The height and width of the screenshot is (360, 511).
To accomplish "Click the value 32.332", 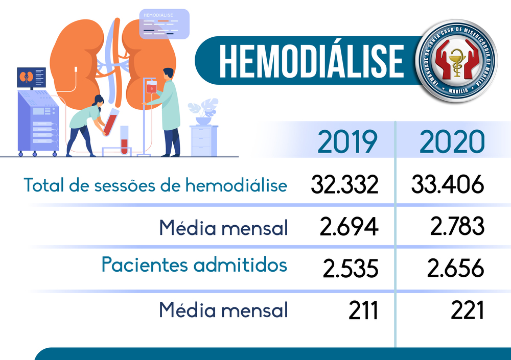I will (x=344, y=185).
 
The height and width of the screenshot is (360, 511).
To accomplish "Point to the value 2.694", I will (x=349, y=227).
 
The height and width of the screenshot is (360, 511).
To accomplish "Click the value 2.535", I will (x=350, y=268).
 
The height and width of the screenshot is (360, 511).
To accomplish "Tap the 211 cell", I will (x=363, y=310).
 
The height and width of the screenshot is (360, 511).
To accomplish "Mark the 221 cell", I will (x=467, y=310).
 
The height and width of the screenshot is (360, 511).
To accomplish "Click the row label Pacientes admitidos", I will (x=194, y=265).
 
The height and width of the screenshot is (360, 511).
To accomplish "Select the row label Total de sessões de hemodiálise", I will (x=155, y=185).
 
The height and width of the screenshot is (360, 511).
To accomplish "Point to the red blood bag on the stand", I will (x=151, y=88).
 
